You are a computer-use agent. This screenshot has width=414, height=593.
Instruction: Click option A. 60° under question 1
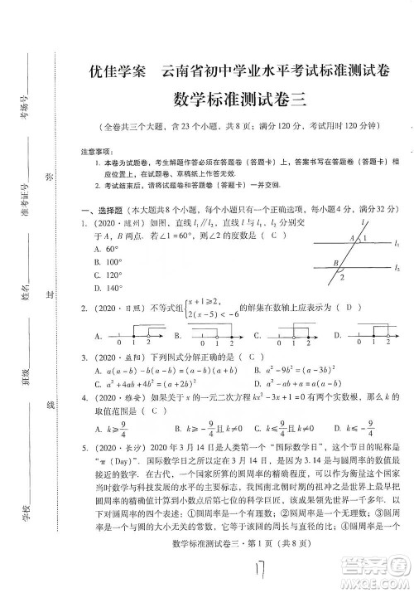point(108,248)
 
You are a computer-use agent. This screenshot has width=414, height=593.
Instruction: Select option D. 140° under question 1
point(109,288)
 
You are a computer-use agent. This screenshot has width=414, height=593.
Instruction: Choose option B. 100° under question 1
point(109,261)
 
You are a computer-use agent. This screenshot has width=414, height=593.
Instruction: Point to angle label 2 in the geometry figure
point(340,279)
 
